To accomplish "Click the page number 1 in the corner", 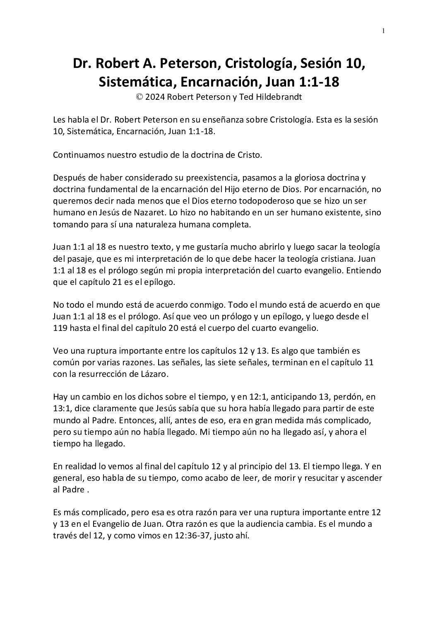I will pos(383,30).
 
